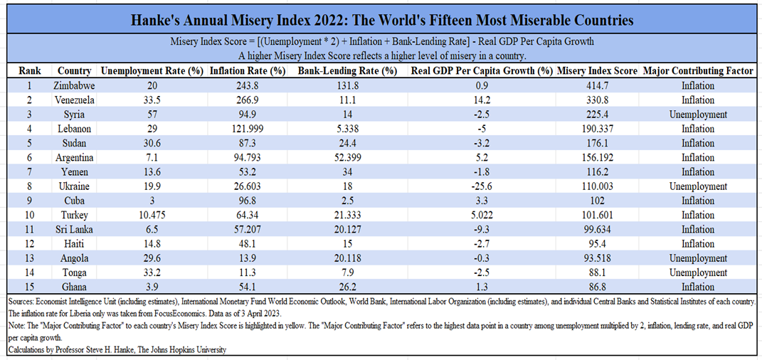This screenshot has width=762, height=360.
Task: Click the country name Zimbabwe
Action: (x=75, y=85)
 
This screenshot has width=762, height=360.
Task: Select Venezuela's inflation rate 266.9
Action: (x=247, y=100)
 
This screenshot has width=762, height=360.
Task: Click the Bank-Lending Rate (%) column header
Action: (x=346, y=70)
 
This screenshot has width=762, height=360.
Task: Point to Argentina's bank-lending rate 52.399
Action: (x=346, y=157)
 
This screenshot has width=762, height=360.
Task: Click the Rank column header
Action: (x=29, y=70)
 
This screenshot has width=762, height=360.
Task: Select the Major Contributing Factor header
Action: (x=697, y=70)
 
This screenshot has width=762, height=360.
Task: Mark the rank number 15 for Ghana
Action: (x=29, y=287)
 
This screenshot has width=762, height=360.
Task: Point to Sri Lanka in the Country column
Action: (x=75, y=229)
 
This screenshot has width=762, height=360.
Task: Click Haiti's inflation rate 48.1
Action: (x=247, y=243)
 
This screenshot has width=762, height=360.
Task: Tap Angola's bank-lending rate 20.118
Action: (x=346, y=258)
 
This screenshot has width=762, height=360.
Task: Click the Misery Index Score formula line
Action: (x=381, y=41)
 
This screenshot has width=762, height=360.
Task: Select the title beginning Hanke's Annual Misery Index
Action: (x=381, y=18)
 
